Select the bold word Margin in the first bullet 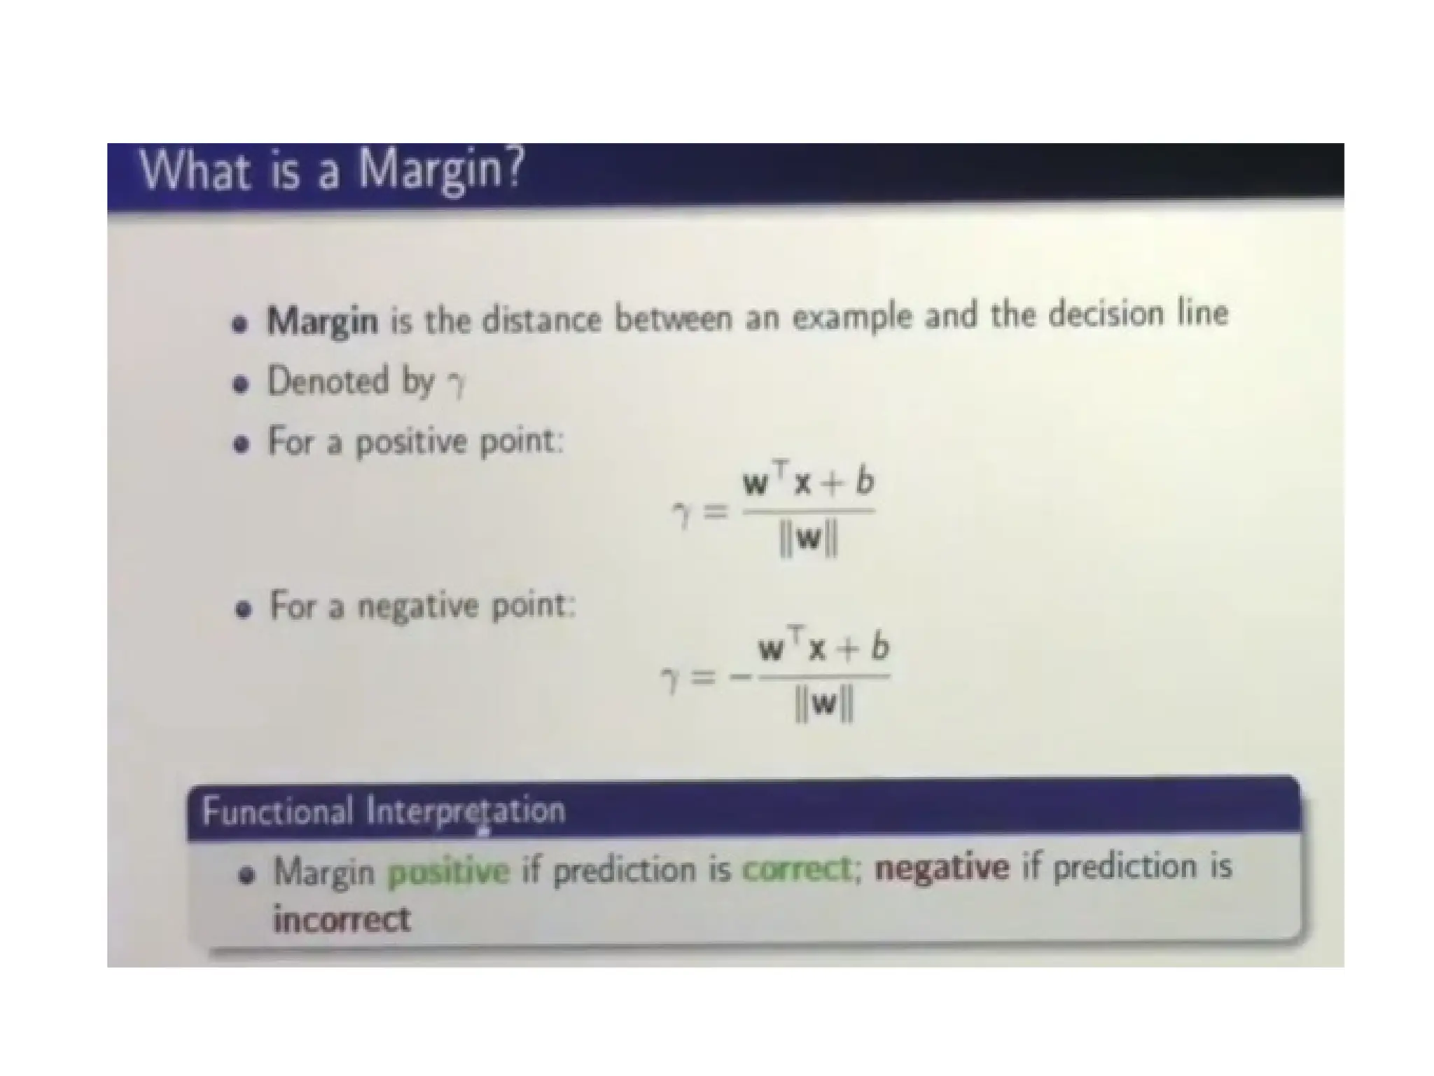point(322,321)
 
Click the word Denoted point(328,381)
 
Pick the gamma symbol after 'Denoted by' point(457,384)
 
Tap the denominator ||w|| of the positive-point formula point(808,540)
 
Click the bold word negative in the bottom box point(942,868)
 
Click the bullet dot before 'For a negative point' point(243,609)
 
